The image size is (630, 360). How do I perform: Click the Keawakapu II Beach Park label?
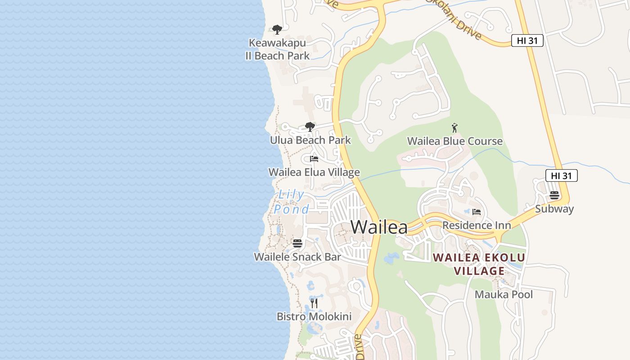[x=277, y=49]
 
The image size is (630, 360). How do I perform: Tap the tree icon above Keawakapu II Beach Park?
[x=277, y=30]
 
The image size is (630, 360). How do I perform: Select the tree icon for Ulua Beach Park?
[x=310, y=126]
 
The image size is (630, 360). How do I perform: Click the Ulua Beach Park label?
[x=310, y=140]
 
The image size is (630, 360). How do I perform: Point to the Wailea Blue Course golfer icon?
[x=454, y=128]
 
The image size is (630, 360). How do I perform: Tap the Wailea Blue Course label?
[x=454, y=141]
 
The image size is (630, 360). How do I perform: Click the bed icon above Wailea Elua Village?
[x=314, y=159]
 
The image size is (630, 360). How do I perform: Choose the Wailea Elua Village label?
[x=314, y=172]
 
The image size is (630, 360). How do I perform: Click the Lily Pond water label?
[x=292, y=202]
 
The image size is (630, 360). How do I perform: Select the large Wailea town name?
[x=379, y=227]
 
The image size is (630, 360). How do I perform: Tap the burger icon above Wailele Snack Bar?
[x=297, y=243]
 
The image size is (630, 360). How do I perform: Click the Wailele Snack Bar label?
[x=297, y=257]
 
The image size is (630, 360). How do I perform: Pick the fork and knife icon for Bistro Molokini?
[x=314, y=303]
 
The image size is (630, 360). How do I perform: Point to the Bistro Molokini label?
[x=314, y=317]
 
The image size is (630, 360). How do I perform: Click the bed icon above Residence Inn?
[x=477, y=211]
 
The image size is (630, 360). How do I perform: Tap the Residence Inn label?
[x=477, y=225]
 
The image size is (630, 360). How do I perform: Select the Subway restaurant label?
[x=554, y=209]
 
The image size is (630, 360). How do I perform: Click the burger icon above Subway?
[x=554, y=195]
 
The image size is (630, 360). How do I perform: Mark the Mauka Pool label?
[x=504, y=295]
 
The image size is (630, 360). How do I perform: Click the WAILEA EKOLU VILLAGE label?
[x=479, y=264]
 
